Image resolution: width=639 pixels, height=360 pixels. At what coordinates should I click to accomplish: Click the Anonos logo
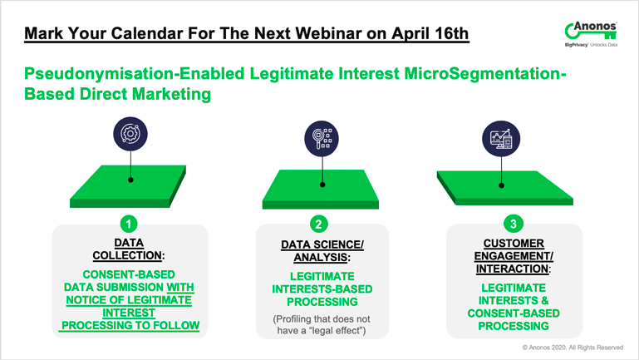(591, 34)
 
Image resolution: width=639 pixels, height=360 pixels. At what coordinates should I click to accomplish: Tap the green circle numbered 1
(129, 224)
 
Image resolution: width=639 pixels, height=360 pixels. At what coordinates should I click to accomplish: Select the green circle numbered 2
(319, 224)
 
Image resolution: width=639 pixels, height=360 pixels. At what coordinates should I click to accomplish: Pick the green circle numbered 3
(513, 224)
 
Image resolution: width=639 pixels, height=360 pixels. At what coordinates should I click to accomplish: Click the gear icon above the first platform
(130, 134)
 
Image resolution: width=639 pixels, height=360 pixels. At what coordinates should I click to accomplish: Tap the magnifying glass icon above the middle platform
(322, 139)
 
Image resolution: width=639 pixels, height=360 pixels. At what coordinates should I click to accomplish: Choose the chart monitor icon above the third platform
(501, 139)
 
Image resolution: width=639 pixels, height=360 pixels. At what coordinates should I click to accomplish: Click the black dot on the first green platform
(130, 180)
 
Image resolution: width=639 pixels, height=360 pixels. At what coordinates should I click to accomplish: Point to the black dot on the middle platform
(322, 185)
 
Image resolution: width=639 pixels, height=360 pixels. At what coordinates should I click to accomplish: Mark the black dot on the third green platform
(501, 185)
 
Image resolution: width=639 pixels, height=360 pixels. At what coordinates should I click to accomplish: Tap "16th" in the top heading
(451, 33)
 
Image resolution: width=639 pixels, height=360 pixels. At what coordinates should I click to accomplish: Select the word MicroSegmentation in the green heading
(483, 74)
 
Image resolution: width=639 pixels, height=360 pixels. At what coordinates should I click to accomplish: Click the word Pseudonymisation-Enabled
(135, 74)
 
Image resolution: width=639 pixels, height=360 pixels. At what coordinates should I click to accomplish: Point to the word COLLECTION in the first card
(127, 255)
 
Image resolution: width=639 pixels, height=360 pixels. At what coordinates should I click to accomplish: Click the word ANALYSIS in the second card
(321, 257)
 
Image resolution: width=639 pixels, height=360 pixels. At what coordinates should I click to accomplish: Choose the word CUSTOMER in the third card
(514, 244)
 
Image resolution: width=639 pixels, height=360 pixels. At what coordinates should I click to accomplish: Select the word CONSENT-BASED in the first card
(129, 274)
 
